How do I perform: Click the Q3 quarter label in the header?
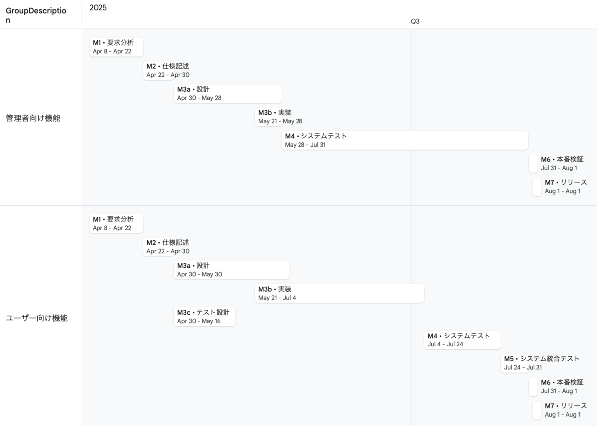point(415,21)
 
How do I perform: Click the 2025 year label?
point(98,8)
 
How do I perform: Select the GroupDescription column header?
point(36,16)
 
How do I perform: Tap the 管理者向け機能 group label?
point(33,118)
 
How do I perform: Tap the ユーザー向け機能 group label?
point(37,318)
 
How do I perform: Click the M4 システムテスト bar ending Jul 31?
point(404,140)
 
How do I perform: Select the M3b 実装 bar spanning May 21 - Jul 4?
point(339,293)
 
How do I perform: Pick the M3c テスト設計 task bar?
point(204,317)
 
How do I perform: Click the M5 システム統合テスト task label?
point(542,359)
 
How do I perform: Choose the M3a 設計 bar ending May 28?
point(227,93)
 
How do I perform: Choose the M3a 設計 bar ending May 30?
point(231,270)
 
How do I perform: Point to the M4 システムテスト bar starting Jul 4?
point(462,340)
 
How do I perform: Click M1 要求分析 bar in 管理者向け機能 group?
point(116,47)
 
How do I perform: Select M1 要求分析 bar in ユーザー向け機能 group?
point(116,223)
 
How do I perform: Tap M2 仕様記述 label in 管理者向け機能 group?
point(168,66)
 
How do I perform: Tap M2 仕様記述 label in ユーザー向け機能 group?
point(168,243)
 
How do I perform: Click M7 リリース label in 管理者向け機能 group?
point(566,183)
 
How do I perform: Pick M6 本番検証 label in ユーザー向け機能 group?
point(562,383)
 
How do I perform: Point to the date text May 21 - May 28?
point(280,121)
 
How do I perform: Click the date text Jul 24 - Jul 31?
point(523,368)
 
